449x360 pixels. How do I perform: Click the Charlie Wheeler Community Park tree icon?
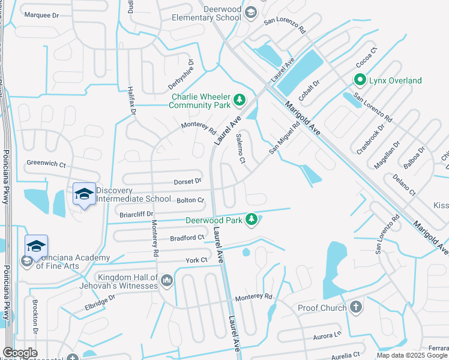pos(240,99)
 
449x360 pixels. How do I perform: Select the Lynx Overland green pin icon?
pos(360,79)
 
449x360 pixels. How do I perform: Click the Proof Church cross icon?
pos(356,307)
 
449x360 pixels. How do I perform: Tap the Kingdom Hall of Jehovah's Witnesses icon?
pos(166,280)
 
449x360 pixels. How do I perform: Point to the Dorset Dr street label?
pos(188,181)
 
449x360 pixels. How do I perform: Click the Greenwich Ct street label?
pos(46,163)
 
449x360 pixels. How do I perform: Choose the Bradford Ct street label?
pos(187,238)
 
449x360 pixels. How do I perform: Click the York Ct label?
pos(196,260)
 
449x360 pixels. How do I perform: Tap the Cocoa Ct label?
pos(366,57)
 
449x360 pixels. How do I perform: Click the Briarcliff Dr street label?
pos(137,213)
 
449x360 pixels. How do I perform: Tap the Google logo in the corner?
pos(20,353)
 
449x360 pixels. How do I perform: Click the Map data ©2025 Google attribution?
pos(412,355)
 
